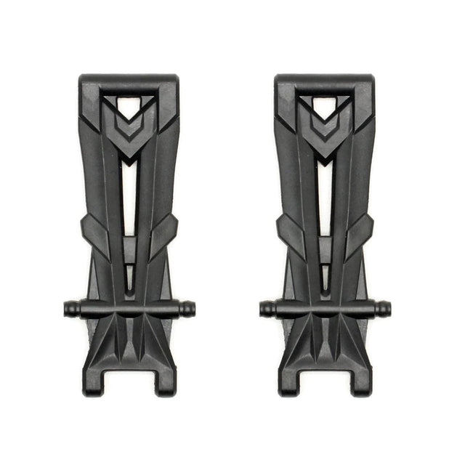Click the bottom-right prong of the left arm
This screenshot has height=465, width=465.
pos(165,381)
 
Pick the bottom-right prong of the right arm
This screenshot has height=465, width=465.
pos(361,381)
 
